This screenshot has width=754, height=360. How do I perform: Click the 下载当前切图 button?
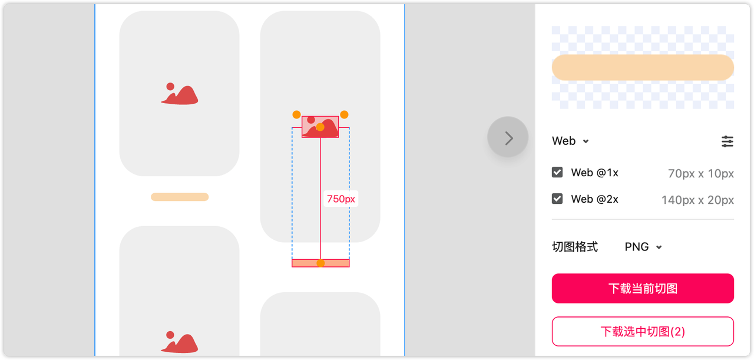pyautogui.click(x=643, y=288)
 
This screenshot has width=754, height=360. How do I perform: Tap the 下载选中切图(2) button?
pyautogui.click(x=643, y=331)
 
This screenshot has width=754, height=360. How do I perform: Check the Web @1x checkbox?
pyautogui.click(x=557, y=172)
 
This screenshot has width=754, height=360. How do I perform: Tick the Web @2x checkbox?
pyautogui.click(x=557, y=199)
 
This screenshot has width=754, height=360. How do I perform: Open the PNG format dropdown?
pyautogui.click(x=643, y=247)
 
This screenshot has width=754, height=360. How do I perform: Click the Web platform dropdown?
pyautogui.click(x=570, y=141)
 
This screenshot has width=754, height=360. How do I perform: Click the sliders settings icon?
pyautogui.click(x=727, y=141)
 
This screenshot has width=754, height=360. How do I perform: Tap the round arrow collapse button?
pyautogui.click(x=508, y=137)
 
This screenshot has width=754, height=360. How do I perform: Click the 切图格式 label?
pyautogui.click(x=575, y=247)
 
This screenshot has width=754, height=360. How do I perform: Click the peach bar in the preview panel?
pyautogui.click(x=643, y=67)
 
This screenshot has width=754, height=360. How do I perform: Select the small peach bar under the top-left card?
pyautogui.click(x=180, y=197)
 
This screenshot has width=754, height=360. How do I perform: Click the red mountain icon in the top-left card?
pyautogui.click(x=180, y=94)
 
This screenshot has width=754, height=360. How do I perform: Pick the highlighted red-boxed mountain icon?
pyautogui.click(x=320, y=127)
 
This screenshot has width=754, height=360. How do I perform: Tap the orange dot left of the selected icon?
pyautogui.click(x=296, y=114)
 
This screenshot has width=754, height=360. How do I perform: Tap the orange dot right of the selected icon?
pyautogui.click(x=344, y=114)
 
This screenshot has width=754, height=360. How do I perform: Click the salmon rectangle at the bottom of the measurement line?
pyautogui.click(x=320, y=263)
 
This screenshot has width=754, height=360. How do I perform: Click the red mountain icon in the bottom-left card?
pyautogui.click(x=180, y=342)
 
